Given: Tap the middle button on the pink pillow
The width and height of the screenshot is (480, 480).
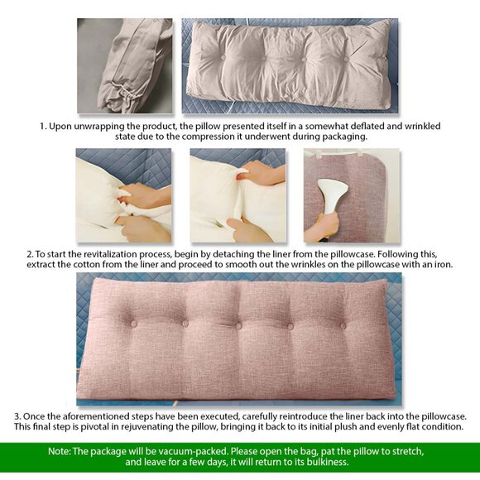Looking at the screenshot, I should (x=238, y=324).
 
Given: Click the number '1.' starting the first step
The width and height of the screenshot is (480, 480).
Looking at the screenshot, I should (x=44, y=126).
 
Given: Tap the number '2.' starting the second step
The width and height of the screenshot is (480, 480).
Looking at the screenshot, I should (x=30, y=253).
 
